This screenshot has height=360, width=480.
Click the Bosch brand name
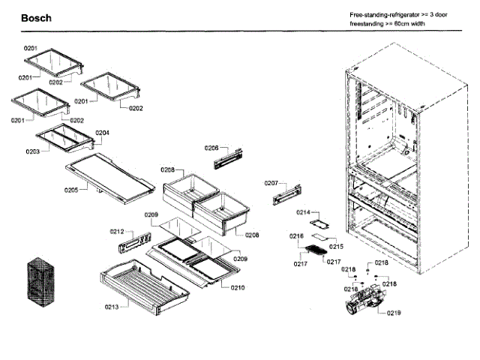[36, 18]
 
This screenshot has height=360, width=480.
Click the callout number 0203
[32, 151]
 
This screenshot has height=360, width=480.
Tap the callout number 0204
[103, 133]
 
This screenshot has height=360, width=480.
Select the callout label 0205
[70, 190]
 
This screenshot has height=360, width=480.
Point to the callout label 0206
[211, 148]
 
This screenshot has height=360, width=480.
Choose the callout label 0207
[271, 183]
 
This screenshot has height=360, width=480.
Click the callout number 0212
[117, 231]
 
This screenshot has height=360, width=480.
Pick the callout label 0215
[335, 247]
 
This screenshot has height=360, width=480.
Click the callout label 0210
[238, 288]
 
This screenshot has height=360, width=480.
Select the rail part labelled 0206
[229, 158]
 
